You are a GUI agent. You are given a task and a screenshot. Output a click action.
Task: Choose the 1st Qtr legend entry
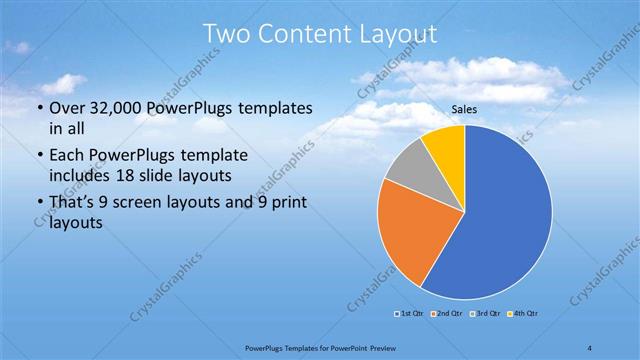(409, 314)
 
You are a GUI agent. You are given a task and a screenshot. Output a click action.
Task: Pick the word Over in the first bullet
(67, 109)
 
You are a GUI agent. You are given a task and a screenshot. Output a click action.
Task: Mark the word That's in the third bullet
(74, 204)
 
